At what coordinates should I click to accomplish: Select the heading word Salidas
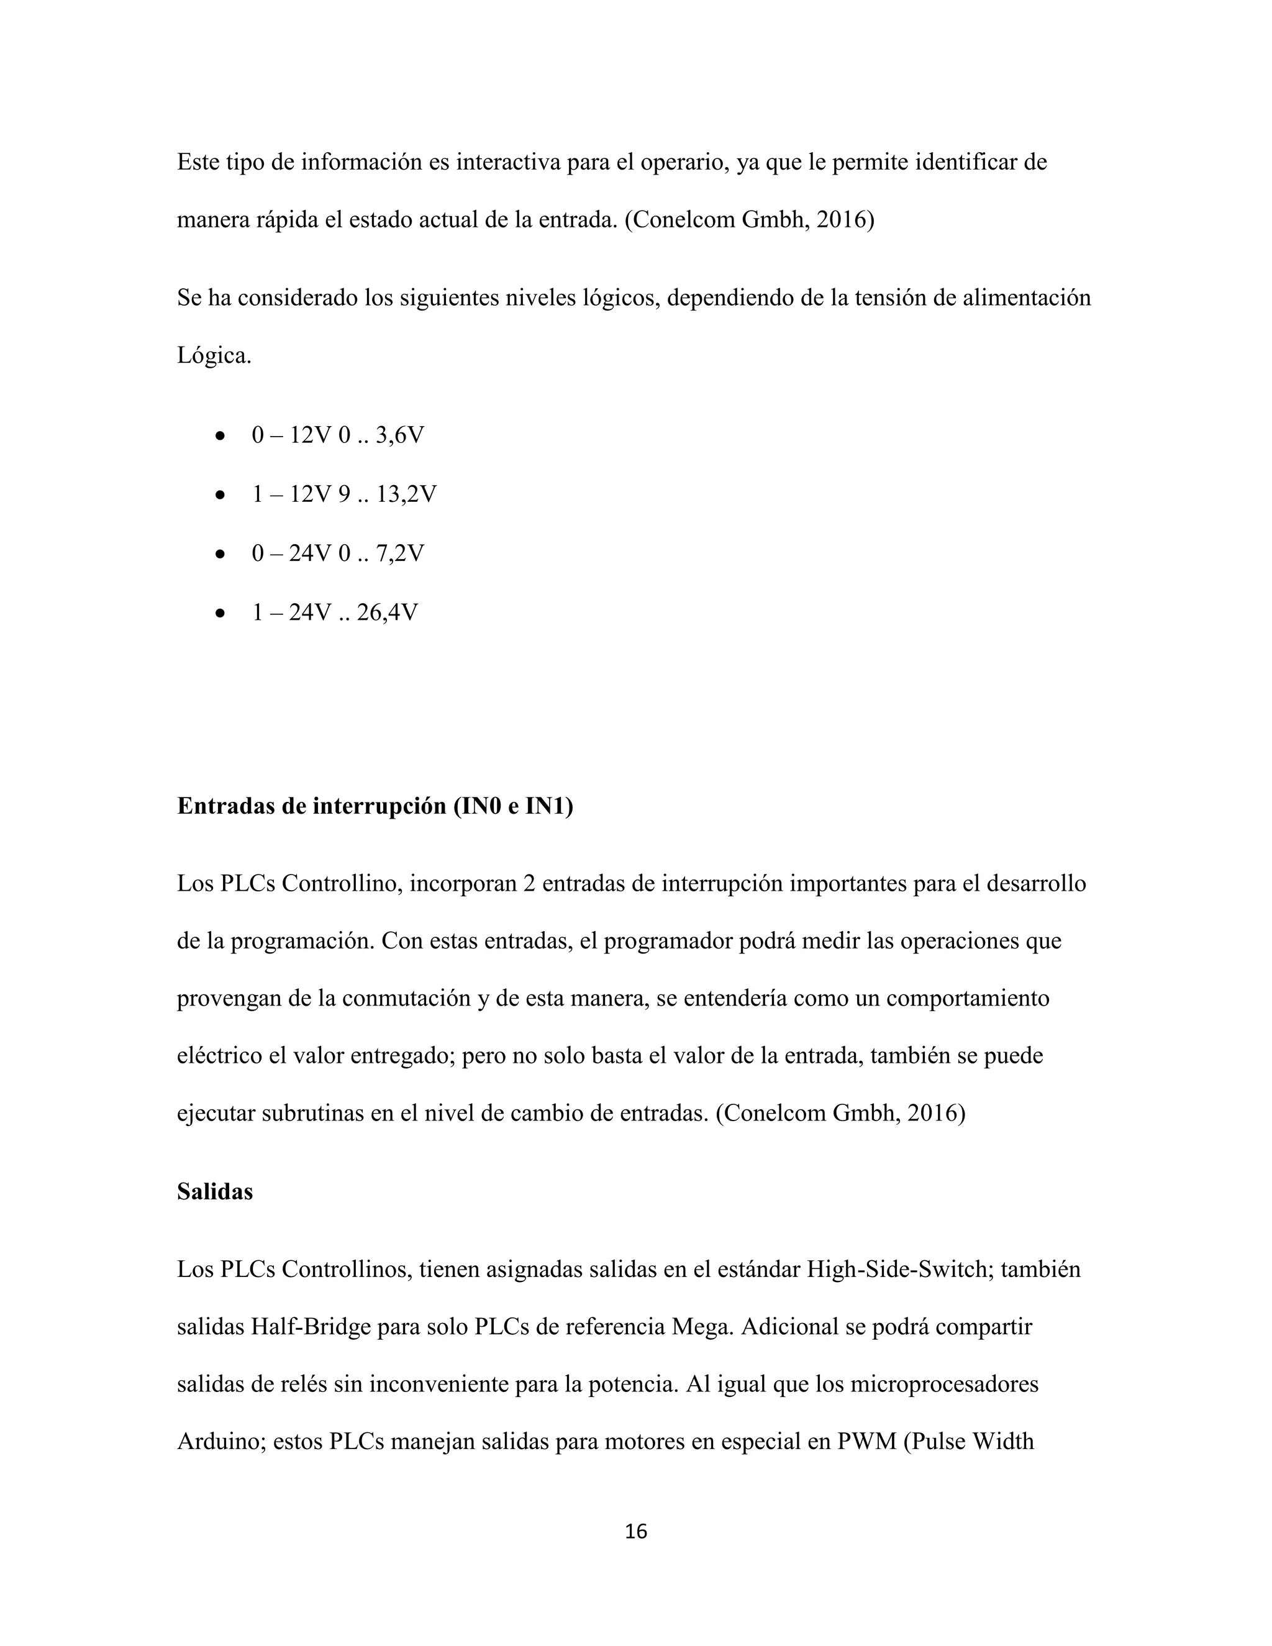(x=215, y=1191)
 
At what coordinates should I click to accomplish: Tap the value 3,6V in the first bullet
(x=399, y=435)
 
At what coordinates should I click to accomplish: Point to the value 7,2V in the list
(x=399, y=554)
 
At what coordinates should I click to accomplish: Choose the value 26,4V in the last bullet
(x=388, y=612)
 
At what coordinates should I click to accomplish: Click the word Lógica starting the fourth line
(x=213, y=356)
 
